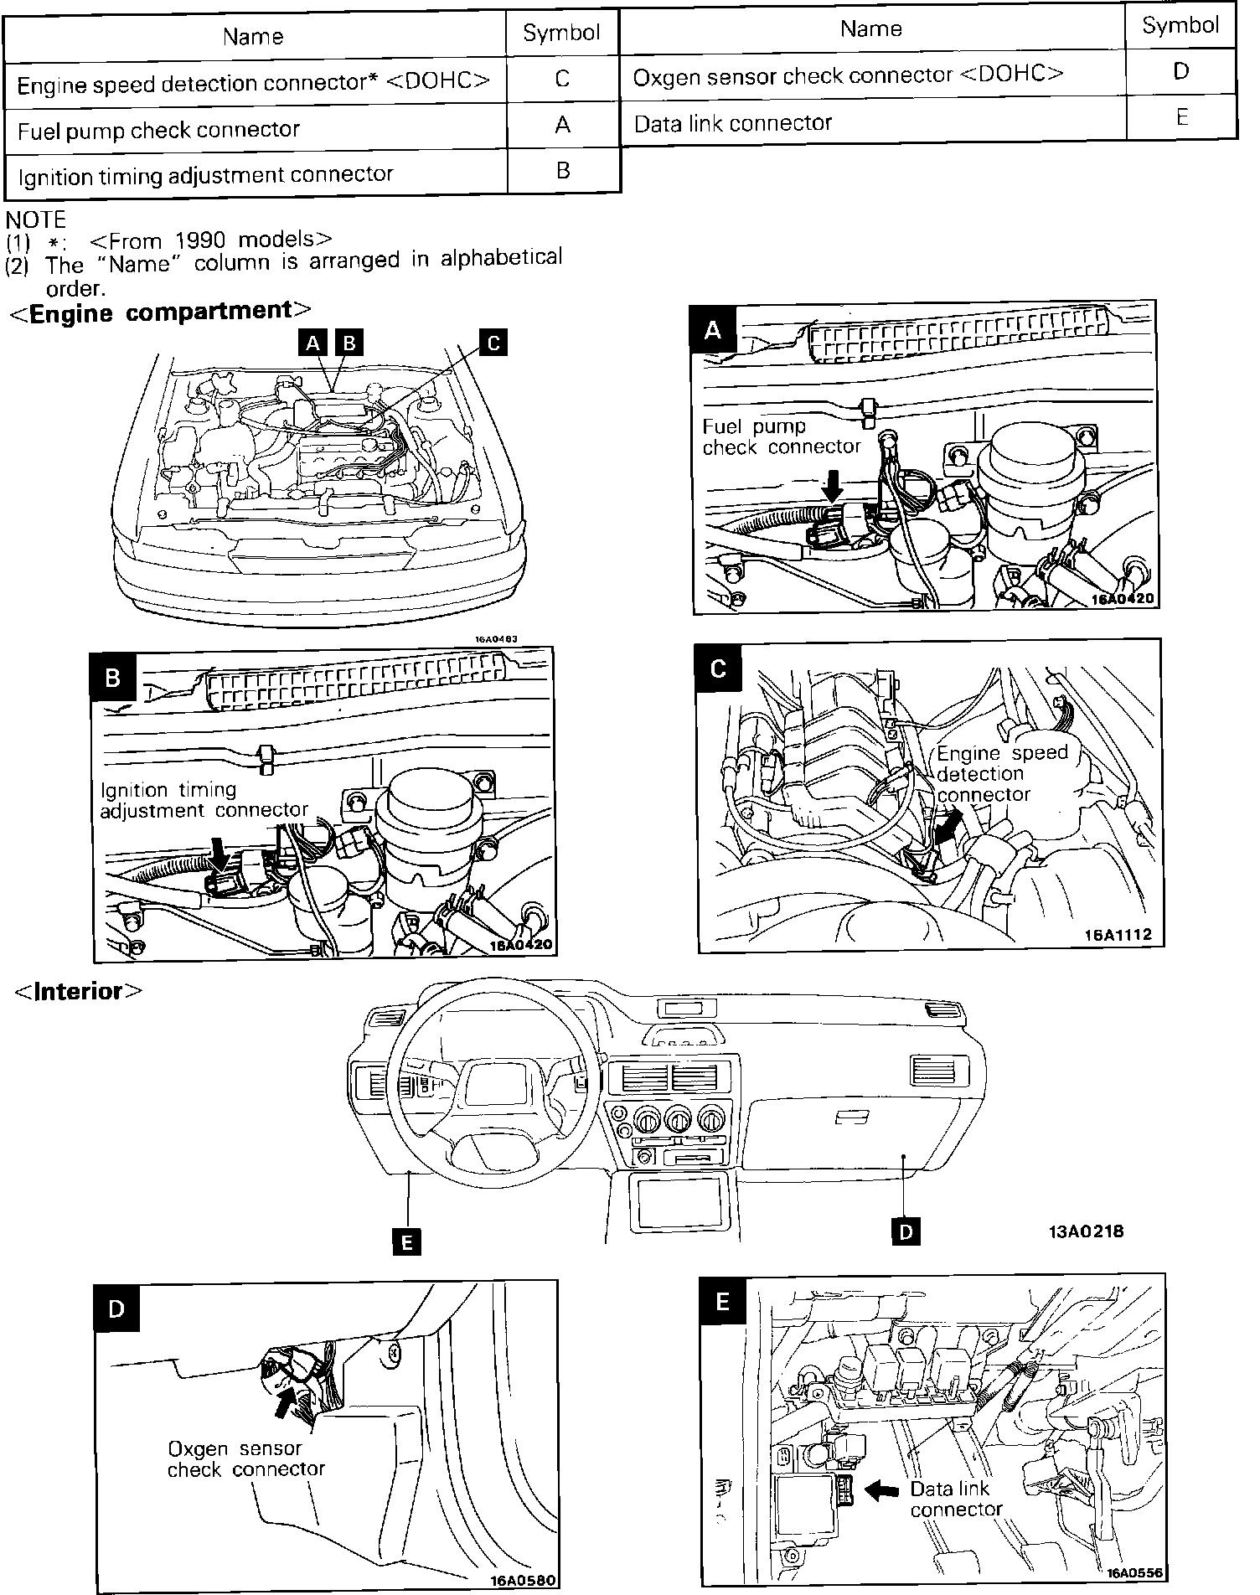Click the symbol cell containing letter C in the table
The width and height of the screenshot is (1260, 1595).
pos(562,79)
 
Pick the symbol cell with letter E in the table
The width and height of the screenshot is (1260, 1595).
pos(1181,117)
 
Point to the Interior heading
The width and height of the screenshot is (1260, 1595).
pos(79,991)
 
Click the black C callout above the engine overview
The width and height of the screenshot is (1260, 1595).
pos(493,342)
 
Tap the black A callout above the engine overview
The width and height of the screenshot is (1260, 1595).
pos(313,342)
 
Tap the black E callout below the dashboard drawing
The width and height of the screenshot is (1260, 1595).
pos(406,1241)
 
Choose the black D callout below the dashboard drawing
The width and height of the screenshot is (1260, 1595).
pos(906,1231)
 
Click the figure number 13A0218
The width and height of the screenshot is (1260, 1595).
pos(1085,1231)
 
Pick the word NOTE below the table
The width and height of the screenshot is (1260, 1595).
pos(35,219)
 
